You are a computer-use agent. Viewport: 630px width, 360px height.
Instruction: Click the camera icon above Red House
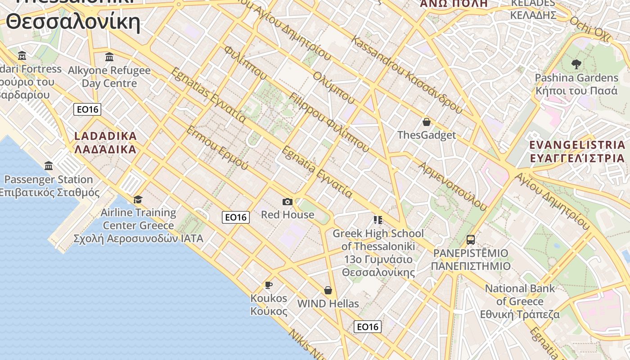pos(287,202)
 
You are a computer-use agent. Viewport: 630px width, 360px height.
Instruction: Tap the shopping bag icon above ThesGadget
pos(426,122)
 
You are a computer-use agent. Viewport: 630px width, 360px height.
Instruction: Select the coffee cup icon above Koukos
pos(268,285)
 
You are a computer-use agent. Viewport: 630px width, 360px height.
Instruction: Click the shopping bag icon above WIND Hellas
pos(328,290)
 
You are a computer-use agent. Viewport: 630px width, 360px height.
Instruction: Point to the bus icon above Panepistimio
pos(470,239)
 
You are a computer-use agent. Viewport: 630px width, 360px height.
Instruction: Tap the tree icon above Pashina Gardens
pos(576,64)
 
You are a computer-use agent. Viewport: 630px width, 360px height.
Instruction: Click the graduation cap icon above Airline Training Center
pos(138,199)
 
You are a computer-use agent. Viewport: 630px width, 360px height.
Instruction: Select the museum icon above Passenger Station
pos(49,166)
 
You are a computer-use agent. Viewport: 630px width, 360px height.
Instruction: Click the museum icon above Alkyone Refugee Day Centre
pos(109,57)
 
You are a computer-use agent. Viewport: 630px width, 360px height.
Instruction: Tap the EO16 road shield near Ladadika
pos(87,109)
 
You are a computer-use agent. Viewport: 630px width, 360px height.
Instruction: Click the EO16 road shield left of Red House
pos(236,217)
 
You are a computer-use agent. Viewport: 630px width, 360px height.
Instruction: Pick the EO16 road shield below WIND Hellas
pos(368,327)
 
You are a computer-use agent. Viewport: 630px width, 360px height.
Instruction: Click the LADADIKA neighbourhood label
pos(105,143)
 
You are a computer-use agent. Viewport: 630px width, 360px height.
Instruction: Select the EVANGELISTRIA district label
pos(577,152)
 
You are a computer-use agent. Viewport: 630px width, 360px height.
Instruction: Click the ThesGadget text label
pos(427,135)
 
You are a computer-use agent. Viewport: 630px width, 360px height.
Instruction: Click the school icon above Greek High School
pos(378,220)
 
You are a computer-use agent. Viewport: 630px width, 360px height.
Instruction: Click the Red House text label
pos(288,215)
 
